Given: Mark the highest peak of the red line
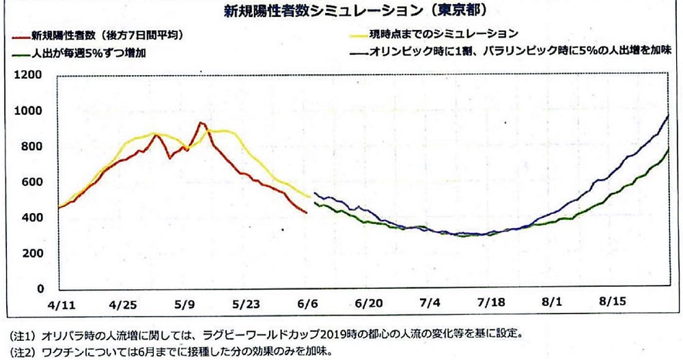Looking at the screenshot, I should tap(200, 123).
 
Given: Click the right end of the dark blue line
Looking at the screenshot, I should tap(667, 116).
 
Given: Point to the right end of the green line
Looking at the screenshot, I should tap(667, 148).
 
